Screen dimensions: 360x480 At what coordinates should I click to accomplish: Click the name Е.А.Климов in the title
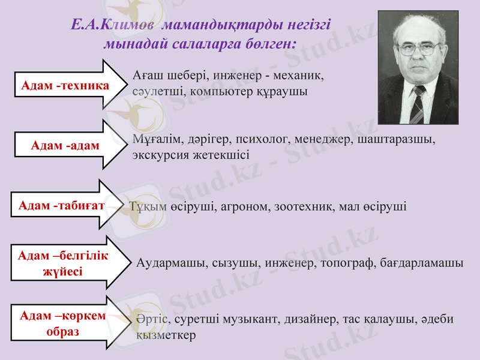pyautogui.click(x=114, y=25)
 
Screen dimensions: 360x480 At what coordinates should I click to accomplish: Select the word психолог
pyautogui.click(x=260, y=139)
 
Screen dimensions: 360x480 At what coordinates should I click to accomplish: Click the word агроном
pyautogui.click(x=247, y=206)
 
